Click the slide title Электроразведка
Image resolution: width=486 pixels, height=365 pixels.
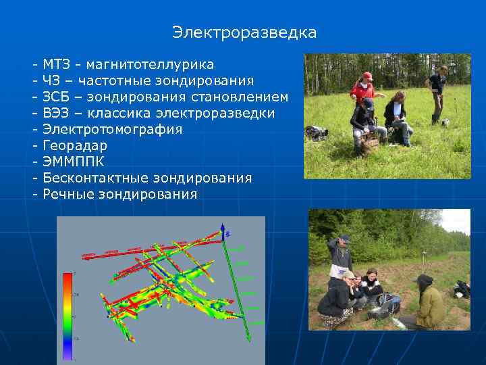coord(244,32)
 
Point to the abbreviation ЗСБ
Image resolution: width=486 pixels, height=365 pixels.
coord(55,97)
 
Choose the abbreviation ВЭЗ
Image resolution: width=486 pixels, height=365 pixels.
coord(55,114)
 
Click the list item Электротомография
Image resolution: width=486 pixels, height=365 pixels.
coord(112,130)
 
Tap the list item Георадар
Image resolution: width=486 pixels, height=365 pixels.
coord(75,146)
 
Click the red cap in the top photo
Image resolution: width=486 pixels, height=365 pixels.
coord(368,76)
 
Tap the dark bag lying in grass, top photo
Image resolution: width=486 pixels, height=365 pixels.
coord(316,132)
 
